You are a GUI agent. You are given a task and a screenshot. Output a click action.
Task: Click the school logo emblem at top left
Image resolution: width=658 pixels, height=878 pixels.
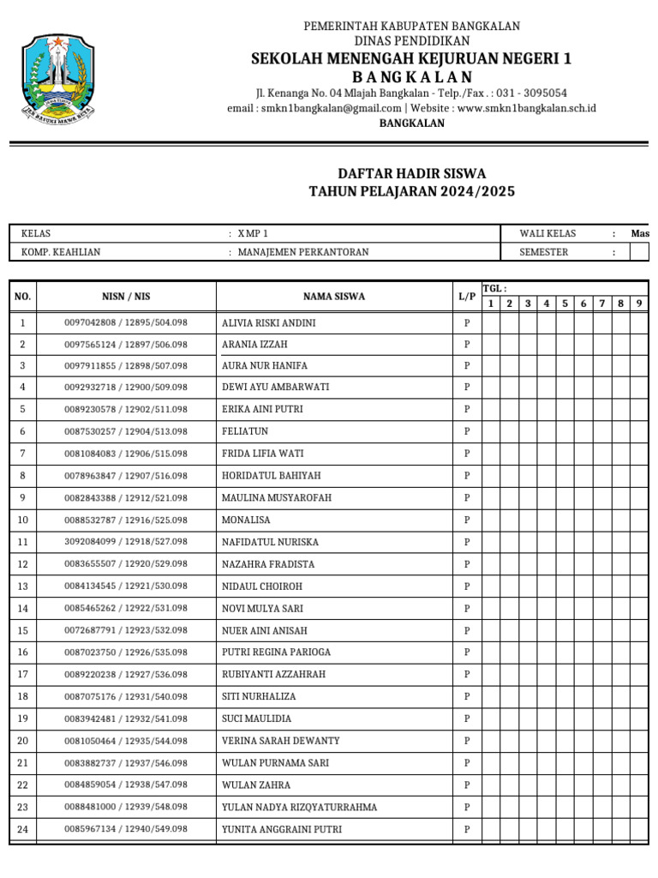58,76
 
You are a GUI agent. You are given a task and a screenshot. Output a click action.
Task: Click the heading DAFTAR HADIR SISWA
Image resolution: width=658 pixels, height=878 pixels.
411,173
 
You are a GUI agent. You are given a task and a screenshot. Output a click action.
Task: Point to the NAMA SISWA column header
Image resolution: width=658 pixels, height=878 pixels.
333,297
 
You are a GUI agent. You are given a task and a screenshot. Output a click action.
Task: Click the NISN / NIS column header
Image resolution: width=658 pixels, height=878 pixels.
126,297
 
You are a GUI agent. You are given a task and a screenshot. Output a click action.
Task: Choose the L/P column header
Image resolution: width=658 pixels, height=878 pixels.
467,297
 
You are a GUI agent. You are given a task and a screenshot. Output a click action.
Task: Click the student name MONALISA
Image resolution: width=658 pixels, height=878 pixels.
246,520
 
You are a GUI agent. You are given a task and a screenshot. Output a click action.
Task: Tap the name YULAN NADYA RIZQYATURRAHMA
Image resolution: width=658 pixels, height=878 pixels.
299,807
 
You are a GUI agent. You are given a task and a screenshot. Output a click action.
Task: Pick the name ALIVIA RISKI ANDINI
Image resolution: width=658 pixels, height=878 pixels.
268,323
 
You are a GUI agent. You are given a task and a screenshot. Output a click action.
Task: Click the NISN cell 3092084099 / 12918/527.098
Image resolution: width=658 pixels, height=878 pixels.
126,542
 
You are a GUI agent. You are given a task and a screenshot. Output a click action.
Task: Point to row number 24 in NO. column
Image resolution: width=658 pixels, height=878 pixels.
22,829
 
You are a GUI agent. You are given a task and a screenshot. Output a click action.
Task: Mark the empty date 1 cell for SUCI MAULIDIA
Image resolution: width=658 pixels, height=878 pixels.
491,719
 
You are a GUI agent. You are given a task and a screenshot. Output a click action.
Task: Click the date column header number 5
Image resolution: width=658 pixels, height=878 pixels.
565,304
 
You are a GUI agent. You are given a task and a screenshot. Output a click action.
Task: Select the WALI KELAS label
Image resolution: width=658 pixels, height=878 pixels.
547,233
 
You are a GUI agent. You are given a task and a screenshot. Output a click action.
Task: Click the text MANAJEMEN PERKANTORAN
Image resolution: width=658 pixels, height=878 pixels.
303,252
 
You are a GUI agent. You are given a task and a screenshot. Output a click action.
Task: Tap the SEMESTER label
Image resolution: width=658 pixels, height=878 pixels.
543,252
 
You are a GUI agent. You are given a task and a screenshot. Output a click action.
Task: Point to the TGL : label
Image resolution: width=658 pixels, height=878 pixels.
494,289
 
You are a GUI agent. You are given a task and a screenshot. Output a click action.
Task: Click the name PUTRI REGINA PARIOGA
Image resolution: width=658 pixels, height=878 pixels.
276,652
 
